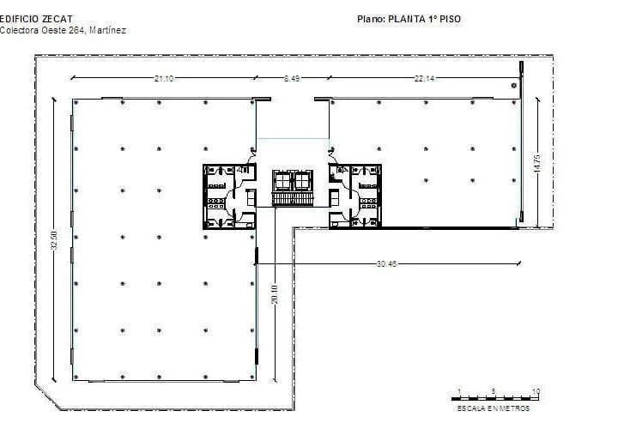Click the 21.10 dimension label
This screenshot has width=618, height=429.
pyautogui.click(x=164, y=79)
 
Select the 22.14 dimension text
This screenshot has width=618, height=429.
pyautogui.click(x=425, y=79)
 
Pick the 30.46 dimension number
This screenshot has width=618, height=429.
pyautogui.click(x=387, y=263)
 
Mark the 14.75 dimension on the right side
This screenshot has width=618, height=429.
pyautogui.click(x=536, y=163)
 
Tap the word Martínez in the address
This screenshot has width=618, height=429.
pyautogui.click(x=106, y=30)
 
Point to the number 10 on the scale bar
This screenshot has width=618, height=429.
pyautogui.click(x=536, y=391)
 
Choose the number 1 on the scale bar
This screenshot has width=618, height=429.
pyautogui.click(x=458, y=391)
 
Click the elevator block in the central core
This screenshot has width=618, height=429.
pyautogui.click(x=293, y=180)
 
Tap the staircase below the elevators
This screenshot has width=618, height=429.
pyautogui.click(x=293, y=200)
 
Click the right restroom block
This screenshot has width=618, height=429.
pyautogui.click(x=355, y=196)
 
